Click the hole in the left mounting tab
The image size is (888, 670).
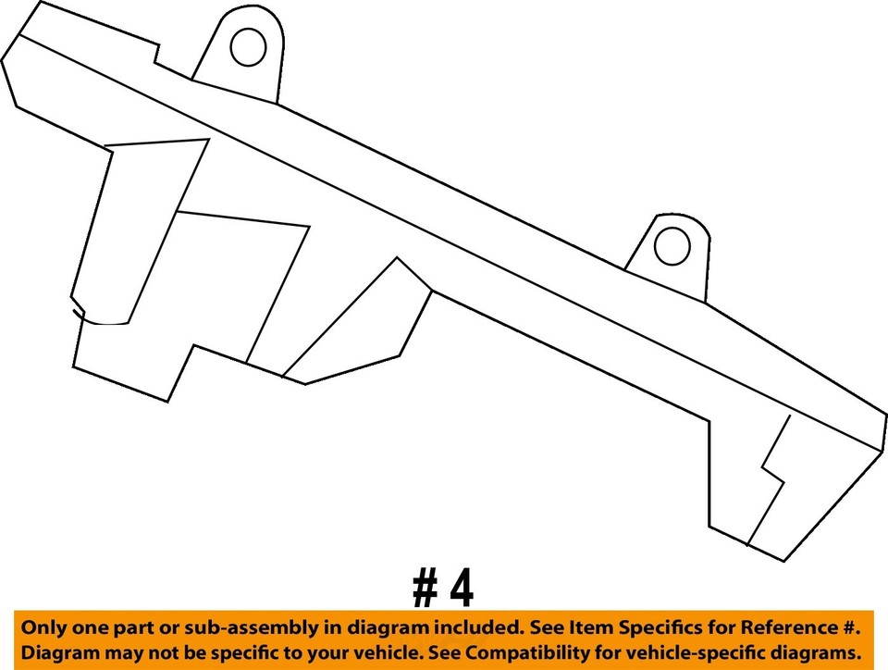248,47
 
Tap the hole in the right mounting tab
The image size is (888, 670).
672,245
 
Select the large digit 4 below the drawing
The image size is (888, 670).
461,589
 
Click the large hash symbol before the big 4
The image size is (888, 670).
425,589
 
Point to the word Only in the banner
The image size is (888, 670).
47,627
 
